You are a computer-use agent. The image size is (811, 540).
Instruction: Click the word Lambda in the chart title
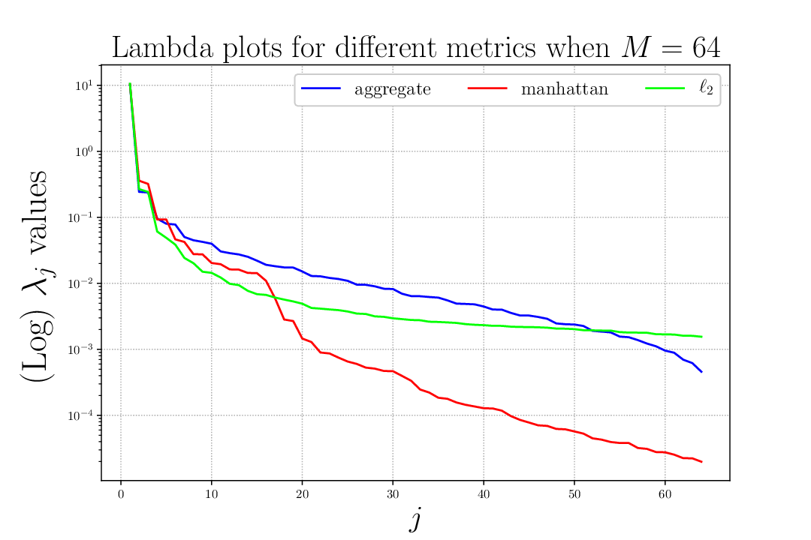162,47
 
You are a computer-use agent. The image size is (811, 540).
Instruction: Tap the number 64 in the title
706,47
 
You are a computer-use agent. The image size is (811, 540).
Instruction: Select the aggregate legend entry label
393,90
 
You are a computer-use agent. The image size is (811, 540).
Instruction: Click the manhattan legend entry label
564,89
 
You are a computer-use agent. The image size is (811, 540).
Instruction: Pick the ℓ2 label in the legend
706,88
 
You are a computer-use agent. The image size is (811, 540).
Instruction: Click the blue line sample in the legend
321,88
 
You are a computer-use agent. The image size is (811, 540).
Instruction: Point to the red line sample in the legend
487,88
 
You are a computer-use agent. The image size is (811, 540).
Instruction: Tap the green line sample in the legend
665,88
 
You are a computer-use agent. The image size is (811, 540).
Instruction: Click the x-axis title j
415,519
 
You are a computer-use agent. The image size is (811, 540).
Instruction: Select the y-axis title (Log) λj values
38,277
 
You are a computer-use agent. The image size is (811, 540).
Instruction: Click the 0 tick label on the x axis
121,494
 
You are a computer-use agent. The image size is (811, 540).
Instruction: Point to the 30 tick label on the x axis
393,494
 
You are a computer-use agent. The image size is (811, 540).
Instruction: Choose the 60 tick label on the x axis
665,494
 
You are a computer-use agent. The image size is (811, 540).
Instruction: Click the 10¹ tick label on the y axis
84,85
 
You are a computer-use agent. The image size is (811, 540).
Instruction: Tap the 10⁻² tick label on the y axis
80,283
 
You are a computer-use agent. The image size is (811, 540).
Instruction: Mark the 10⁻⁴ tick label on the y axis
80,415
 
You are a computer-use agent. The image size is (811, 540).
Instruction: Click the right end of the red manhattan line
701,462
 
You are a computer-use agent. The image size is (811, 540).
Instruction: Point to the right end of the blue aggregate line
701,371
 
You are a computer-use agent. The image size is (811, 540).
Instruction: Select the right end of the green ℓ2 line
701,337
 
